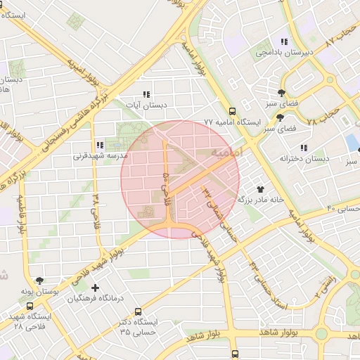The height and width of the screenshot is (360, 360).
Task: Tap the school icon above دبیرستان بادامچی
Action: [x=283, y=41]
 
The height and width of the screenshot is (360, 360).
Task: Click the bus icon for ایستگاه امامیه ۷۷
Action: [x=232, y=110]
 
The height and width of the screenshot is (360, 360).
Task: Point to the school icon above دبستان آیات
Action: [x=146, y=94]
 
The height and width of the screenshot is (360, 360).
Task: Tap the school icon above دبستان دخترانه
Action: [x=304, y=148]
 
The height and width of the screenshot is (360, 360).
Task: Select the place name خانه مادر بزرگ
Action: [x=260, y=200]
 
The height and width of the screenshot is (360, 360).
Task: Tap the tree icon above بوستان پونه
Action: [x=39, y=280]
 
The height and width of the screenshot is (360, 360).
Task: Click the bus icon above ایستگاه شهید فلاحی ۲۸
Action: [x=30, y=307]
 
